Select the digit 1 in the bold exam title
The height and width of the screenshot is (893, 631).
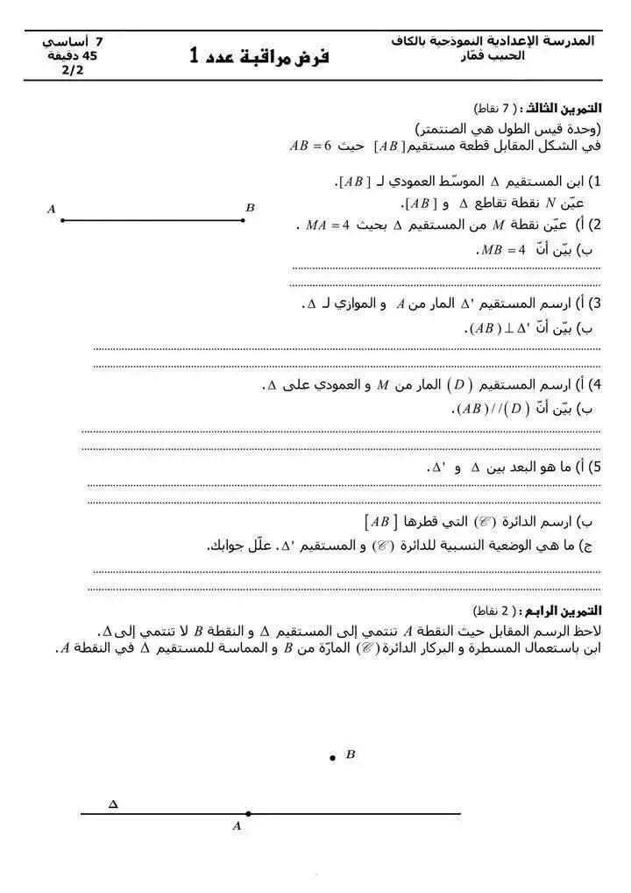point(194,56)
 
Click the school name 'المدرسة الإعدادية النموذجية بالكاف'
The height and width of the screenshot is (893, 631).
point(494,41)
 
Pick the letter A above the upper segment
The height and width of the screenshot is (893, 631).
point(52,209)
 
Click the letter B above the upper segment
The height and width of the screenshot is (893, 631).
point(250,208)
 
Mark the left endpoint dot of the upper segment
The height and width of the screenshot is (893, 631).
point(62,220)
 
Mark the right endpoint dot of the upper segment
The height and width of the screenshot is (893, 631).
point(243,220)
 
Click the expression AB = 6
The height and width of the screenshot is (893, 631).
point(309,146)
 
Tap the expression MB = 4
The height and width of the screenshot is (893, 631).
point(502,250)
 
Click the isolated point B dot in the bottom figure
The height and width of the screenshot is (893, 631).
point(332,757)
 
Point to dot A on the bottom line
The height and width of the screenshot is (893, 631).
point(248,814)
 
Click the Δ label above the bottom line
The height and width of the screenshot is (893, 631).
point(112,804)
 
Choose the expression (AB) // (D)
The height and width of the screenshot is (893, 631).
point(492,409)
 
